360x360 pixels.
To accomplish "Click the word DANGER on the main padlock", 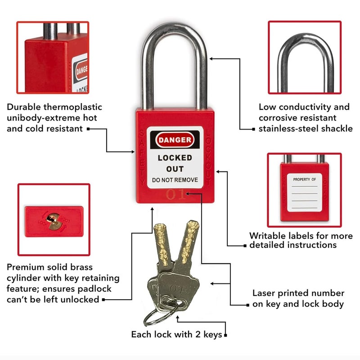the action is click(x=175, y=140).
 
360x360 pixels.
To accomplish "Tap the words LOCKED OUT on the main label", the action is click(x=175, y=163).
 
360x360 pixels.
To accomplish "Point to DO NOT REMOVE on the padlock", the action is click(x=175, y=180).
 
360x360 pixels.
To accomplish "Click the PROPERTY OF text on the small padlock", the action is click(x=305, y=179).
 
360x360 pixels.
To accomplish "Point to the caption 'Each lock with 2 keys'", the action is click(x=176, y=334).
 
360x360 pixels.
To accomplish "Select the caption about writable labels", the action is click(x=301, y=240).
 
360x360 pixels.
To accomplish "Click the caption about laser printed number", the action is click(x=298, y=298).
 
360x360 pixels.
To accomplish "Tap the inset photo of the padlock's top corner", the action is click(x=53, y=57).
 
